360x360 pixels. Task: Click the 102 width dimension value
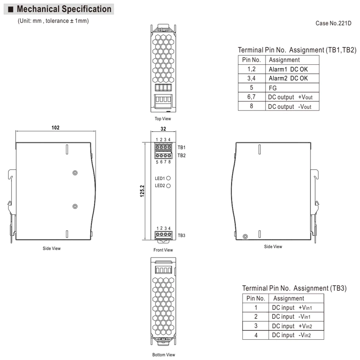pyautogui.click(x=55, y=127)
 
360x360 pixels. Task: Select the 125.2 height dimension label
pyautogui.click(x=142, y=191)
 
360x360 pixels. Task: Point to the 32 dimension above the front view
pyautogui.click(x=163, y=129)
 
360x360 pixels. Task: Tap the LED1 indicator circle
pyautogui.click(x=168, y=178)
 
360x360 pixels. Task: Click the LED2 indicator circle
pyautogui.click(x=168, y=186)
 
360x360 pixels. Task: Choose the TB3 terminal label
pyautogui.click(x=181, y=235)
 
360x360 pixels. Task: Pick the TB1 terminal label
pyautogui.click(x=181, y=147)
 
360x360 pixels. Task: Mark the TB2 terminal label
pyautogui.click(x=181, y=155)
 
